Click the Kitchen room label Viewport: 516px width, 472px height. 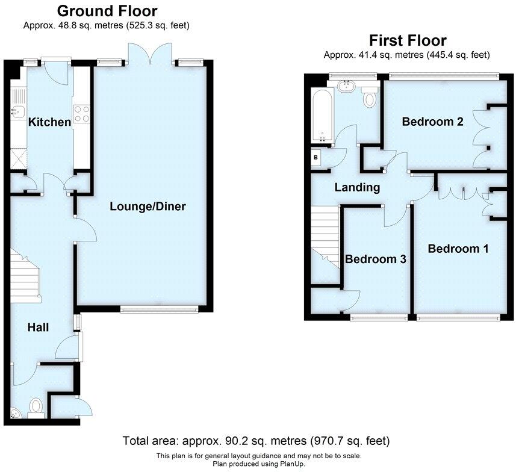[50, 122]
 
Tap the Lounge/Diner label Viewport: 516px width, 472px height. [148, 206]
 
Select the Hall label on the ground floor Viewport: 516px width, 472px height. [38, 328]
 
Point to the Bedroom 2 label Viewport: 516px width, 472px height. [432, 122]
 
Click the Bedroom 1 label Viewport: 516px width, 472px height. [458, 248]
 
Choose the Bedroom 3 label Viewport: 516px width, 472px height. [375, 259]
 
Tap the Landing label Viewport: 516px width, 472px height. [357, 187]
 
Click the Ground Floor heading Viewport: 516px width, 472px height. [107, 11]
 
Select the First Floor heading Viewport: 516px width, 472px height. [408, 40]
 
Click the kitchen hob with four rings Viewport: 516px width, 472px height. [81, 113]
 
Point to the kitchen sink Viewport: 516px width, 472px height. [17, 109]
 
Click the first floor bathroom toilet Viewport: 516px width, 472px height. [370, 97]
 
